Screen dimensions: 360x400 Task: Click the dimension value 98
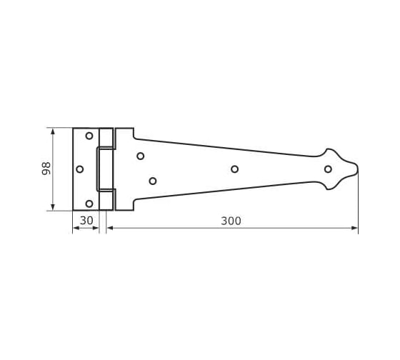pos(46,169)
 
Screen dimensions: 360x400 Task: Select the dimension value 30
pos(86,221)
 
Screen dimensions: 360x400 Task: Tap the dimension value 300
pos(231,221)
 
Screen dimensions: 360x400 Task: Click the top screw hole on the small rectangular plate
pos(89,136)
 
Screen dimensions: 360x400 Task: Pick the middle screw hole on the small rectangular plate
pos(80,169)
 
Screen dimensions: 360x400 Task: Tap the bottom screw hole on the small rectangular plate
pos(89,203)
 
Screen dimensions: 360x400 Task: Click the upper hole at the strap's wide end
pos(141,156)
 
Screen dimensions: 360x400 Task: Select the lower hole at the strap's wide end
pos(153,181)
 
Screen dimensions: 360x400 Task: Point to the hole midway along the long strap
pos(235,169)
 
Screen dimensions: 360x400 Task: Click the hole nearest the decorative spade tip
pos(328,169)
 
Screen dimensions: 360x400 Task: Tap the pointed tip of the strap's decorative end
pos(358,169)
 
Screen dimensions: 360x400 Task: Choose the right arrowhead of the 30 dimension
pos(96,228)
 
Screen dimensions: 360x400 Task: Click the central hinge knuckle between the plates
pos(106,169)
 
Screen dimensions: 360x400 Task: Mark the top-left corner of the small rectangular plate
pos(73,129)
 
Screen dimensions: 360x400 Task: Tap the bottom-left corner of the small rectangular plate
pos(73,210)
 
